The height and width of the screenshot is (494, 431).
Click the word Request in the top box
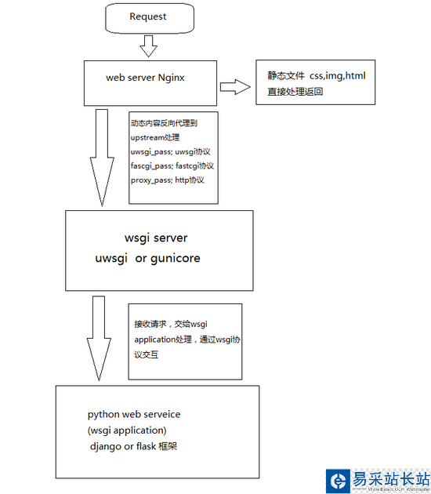pyautogui.click(x=147, y=16)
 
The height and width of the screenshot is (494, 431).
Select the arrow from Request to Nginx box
pyautogui.click(x=148, y=46)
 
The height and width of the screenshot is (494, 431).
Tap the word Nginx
pyautogui.click(x=171, y=78)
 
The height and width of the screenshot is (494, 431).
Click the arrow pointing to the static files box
pyautogui.click(x=235, y=87)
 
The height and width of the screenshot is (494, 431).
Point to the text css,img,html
pyautogui.click(x=338, y=76)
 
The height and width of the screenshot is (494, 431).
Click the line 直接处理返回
pyautogui.click(x=295, y=92)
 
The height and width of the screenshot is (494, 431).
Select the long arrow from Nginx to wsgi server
pyautogui.click(x=102, y=158)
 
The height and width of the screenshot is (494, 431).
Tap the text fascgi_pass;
pyautogui.click(x=151, y=166)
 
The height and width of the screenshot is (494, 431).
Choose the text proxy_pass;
pyautogui.click(x=151, y=180)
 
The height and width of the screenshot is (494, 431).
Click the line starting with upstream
pyautogui.click(x=155, y=138)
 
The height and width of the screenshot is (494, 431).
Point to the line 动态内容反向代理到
pyautogui.click(x=164, y=123)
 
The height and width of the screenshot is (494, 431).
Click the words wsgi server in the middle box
pyautogui.click(x=156, y=238)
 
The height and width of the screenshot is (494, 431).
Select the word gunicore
pyautogui.click(x=176, y=259)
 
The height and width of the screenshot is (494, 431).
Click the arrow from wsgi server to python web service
pyautogui.click(x=99, y=339)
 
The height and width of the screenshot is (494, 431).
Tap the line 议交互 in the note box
pyautogui.click(x=146, y=354)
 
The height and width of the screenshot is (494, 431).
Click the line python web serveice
pyautogui.click(x=134, y=415)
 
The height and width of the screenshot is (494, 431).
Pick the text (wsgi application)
pyautogui.click(x=127, y=430)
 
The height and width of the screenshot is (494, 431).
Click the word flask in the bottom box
pyautogui.click(x=146, y=446)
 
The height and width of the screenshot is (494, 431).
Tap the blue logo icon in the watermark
pyautogui.click(x=338, y=481)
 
